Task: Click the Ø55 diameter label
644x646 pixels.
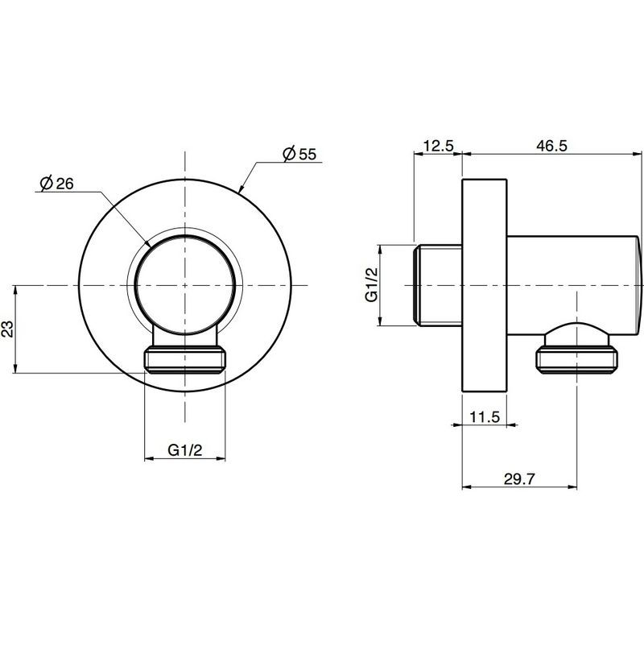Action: [x=299, y=154]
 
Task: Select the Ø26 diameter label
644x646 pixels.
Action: [x=57, y=184]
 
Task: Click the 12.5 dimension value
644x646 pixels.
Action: [x=438, y=146]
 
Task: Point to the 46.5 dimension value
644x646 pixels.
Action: [x=551, y=146]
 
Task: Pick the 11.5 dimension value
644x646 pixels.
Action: [x=485, y=417]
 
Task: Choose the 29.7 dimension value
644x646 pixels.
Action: [x=519, y=478]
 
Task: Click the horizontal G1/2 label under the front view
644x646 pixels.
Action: [x=185, y=450]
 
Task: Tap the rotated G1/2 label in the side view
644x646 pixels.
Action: [x=372, y=284]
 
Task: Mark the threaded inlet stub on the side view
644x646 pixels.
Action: [x=437, y=285]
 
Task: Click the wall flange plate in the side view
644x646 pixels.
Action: [x=485, y=285]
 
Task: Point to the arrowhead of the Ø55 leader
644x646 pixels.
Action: [x=241, y=190]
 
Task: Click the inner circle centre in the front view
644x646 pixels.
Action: [x=185, y=285]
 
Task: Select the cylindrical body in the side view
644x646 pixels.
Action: [x=574, y=285]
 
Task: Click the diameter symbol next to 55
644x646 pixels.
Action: [x=290, y=154]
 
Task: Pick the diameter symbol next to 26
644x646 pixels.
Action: [x=47, y=184]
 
